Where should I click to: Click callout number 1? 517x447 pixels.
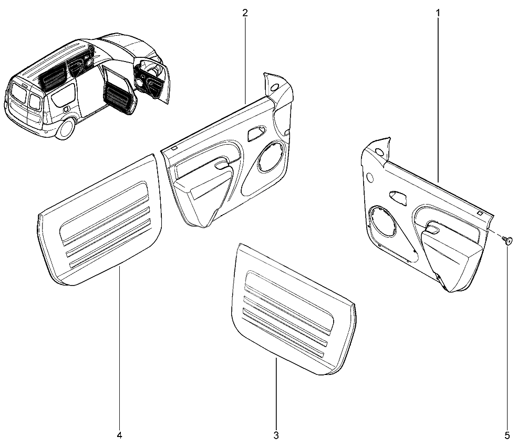[438, 13]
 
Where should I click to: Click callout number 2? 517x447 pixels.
[245, 13]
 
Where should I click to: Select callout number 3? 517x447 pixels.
[276, 435]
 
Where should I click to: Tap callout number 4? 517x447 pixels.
[119, 435]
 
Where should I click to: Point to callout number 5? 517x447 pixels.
[507, 435]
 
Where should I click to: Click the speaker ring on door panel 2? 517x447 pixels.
[271, 156]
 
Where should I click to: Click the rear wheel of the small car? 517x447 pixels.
[66, 128]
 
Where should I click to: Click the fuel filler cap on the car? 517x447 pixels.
[66, 108]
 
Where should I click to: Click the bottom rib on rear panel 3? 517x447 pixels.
[283, 333]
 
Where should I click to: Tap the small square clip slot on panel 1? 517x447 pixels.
[480, 214]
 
